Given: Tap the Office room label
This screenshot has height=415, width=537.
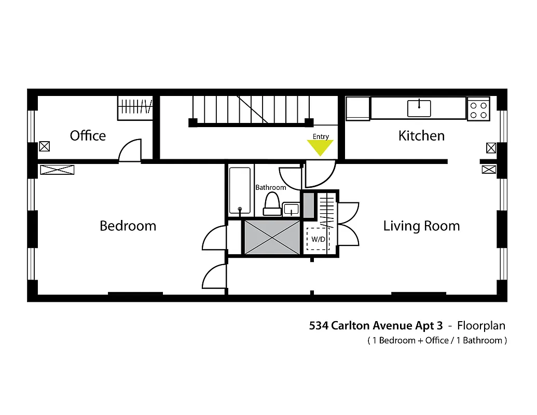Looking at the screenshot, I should pos(88,136).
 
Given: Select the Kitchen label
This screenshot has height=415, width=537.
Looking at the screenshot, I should pos(421,136).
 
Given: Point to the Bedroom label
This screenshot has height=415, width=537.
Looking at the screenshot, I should pos(128,226).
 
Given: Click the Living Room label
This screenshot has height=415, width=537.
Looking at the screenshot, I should pos(421,226).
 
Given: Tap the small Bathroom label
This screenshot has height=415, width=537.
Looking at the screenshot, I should pos(270,187).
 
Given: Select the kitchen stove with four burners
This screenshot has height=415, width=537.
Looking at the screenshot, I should pos(478,109).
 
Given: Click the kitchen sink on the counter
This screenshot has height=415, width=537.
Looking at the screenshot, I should pos(419,108).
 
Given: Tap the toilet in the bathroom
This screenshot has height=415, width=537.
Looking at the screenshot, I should pos(272,203).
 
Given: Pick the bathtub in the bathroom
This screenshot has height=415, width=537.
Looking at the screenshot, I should pos(240,190).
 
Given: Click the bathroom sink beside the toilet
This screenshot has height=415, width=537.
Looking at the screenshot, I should pos(291,209).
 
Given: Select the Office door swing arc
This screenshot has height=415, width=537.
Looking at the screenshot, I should pos(130,150).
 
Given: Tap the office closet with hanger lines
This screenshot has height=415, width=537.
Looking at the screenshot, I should pos(135,108).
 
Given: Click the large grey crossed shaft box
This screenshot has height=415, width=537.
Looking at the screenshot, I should pos(272,237).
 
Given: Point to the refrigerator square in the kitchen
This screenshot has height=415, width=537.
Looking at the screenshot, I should pos(357,108).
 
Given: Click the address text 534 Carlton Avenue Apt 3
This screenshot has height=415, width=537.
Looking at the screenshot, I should pos(376,326).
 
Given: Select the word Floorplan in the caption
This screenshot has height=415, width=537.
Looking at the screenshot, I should pos(480,326).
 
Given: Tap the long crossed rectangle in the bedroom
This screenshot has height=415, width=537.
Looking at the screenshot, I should pos(57,170).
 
